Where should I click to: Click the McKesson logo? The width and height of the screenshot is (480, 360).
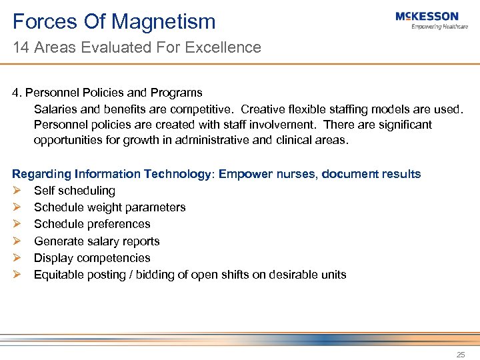(x=427, y=17)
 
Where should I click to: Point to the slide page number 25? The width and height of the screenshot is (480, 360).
(x=461, y=355)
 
